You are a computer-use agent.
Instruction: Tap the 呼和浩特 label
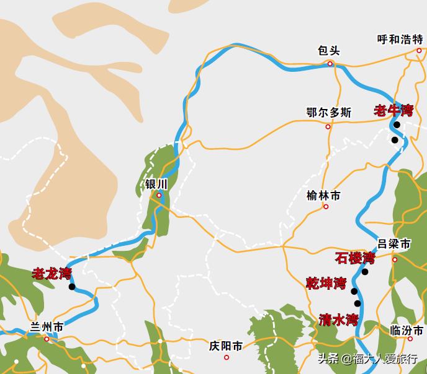[400, 40]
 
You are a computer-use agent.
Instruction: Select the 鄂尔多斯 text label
[329, 113]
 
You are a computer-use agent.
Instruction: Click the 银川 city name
[156, 185]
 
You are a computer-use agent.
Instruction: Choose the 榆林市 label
[323, 196]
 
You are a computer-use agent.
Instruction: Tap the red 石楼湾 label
[355, 258]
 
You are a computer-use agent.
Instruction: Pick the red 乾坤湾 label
[326, 284]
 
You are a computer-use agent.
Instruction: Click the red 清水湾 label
[339, 320]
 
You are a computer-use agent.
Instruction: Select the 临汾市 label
[407, 331]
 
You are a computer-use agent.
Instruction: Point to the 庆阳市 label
[226, 346]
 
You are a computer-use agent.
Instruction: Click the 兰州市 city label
[47, 327]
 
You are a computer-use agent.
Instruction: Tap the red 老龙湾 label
[52, 273]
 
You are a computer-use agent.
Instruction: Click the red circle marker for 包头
[330, 63]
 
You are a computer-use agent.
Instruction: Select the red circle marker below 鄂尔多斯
[328, 127]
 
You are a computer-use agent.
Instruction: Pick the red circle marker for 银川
[159, 196]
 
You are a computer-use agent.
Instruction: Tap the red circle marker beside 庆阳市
[227, 357]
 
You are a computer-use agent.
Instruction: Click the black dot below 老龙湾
[72, 287]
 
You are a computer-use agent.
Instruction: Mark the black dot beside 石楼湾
[365, 272]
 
